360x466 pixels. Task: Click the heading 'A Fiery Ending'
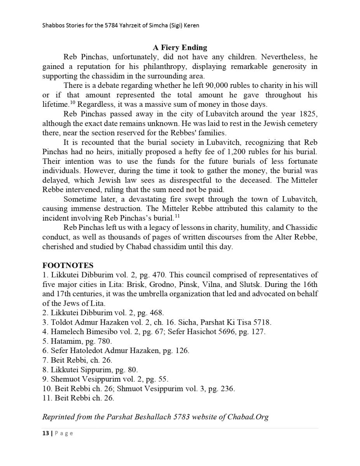(180, 47)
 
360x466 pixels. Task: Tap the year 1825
(308, 114)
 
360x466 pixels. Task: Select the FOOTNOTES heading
(68, 265)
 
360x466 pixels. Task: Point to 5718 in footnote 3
(262, 322)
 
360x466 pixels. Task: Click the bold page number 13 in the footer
(45, 433)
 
